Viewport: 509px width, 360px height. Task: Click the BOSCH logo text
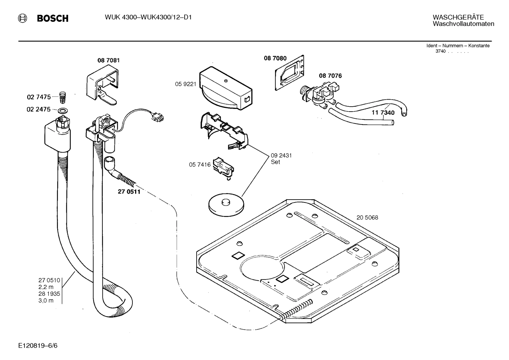click(x=52, y=18)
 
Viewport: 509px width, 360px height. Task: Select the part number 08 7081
click(x=108, y=60)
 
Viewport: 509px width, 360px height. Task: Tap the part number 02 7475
click(x=38, y=96)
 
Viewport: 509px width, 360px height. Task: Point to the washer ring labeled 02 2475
click(x=62, y=110)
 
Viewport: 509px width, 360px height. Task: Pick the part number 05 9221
click(x=185, y=84)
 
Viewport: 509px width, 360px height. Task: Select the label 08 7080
click(x=275, y=58)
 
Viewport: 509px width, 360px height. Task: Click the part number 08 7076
click(x=330, y=76)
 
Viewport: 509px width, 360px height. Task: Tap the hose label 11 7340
click(x=383, y=113)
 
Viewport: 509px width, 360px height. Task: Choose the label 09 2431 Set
click(x=281, y=158)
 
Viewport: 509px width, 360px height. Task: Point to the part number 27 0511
click(x=129, y=192)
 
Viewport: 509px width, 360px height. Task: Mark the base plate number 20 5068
click(x=367, y=217)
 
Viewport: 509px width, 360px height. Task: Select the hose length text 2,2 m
click(x=46, y=287)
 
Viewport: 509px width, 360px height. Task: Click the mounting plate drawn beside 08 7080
click(x=290, y=72)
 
